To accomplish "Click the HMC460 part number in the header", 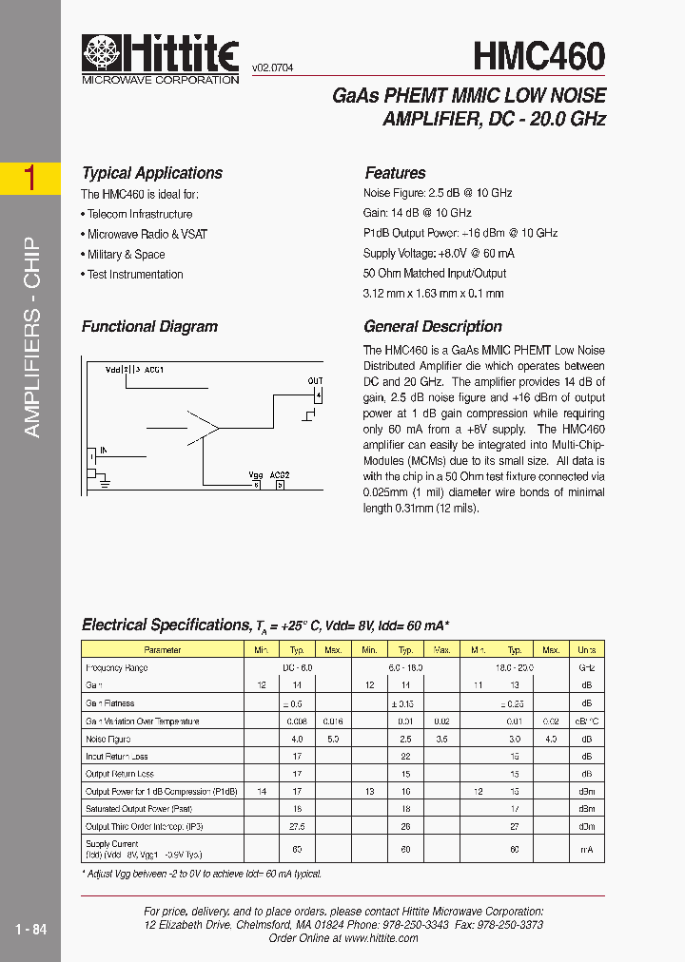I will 538,56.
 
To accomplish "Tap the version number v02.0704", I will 272,68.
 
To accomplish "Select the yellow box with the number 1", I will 29,178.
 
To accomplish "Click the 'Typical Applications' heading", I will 152,173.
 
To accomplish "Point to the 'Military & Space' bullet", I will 124,254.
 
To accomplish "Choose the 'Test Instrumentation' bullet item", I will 132,275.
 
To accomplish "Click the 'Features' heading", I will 395,173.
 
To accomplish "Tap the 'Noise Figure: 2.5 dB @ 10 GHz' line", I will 438,193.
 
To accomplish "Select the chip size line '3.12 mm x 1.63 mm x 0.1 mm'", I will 433,294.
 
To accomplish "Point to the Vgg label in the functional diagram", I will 255,474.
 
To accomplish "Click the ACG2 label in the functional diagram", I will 279,474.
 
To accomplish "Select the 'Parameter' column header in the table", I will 162,649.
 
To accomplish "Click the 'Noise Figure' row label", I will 108,739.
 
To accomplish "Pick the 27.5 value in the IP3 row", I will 296,826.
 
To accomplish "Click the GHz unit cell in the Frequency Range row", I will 586,667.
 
